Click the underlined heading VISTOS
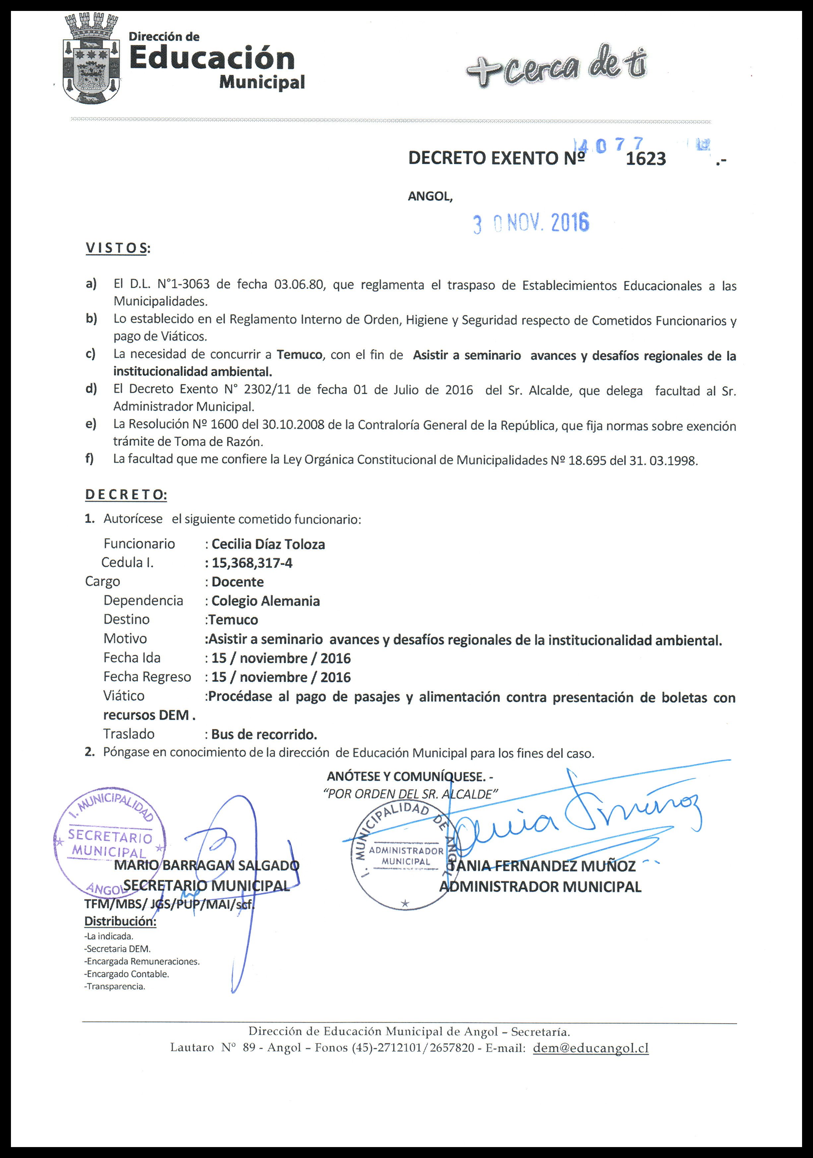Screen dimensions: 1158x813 pyautogui.click(x=117, y=248)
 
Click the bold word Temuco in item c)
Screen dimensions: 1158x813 pyautogui.click(x=300, y=355)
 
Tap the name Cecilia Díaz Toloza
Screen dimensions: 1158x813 pyautogui.click(x=268, y=544)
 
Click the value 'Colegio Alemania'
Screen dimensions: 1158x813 pyautogui.click(x=266, y=601)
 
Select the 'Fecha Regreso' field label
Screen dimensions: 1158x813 pyautogui.click(x=147, y=677)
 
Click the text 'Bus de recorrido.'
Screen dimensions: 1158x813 pyautogui.click(x=264, y=734)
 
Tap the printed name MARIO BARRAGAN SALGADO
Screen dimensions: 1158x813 pyautogui.click(x=207, y=865)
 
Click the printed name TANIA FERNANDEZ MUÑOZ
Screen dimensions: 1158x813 pyautogui.click(x=542, y=866)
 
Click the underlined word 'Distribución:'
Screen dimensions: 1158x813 pyautogui.click(x=120, y=921)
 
